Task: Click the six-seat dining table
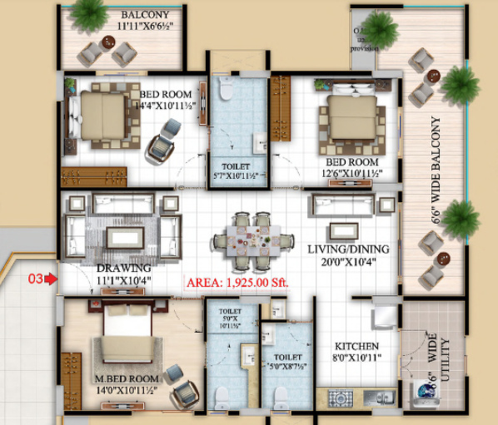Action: (x=252, y=239)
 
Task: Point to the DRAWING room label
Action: (x=122, y=269)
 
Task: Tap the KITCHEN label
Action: (x=357, y=345)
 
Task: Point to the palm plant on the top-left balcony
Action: (x=87, y=13)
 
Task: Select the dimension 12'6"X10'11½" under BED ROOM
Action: (x=352, y=173)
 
